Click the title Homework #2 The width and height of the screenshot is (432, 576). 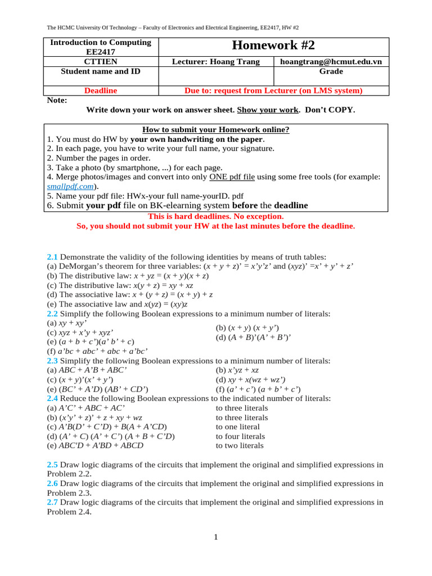point(273,46)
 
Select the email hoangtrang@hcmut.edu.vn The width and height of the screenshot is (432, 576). point(331,62)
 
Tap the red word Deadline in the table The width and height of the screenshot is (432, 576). point(101,90)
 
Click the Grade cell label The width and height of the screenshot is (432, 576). point(331,71)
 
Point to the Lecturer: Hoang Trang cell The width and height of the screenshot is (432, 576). point(216,62)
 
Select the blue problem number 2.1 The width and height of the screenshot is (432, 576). point(52,256)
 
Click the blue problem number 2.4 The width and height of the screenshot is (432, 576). point(52,398)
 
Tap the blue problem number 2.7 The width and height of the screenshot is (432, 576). point(52,502)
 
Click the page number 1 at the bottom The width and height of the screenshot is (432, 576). point(215,537)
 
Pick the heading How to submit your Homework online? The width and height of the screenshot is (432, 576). point(216,129)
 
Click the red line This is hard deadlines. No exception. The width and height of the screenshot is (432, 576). point(215,216)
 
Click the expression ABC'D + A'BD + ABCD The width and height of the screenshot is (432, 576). point(95,445)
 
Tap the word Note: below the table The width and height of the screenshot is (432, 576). point(57,100)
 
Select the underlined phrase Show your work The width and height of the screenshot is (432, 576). point(262,110)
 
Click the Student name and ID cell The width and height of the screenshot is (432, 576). point(101,71)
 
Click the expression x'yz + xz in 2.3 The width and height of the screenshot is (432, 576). point(237,370)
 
